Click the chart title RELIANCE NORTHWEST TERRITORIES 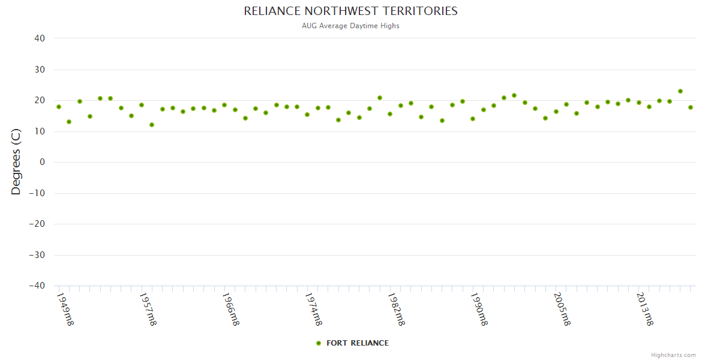tap(350, 11)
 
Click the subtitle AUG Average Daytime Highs tap(350, 26)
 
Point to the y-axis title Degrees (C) tap(16, 162)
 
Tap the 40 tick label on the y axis tap(40, 38)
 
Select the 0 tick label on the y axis tap(43, 162)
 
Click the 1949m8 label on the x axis tap(65, 309)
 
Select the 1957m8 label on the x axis tap(148, 309)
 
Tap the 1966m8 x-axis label tap(231, 309)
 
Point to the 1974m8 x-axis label tap(314, 309)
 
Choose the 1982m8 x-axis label tap(397, 309)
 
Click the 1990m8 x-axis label tap(479, 309)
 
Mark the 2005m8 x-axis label tap(562, 309)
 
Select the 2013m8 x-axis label tap(645, 309)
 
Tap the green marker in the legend tap(319, 343)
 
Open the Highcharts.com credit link tap(673, 355)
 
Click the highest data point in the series tap(680, 91)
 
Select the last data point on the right tap(691, 107)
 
